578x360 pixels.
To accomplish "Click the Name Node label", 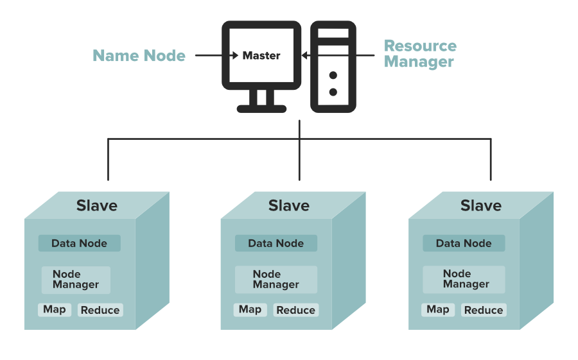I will tap(139, 56).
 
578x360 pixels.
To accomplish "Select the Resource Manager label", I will tap(420, 54).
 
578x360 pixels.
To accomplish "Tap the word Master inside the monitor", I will tap(261, 56).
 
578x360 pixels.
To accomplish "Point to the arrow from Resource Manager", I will tap(338, 56).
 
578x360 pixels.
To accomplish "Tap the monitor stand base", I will tap(261, 108).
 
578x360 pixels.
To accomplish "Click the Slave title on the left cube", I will tap(97, 205).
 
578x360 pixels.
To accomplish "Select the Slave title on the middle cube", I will tap(289, 205).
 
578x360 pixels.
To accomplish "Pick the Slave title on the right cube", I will tap(481, 205).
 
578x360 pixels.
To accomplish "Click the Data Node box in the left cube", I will tap(79, 243).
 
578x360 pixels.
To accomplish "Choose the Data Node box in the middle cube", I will tap(276, 243).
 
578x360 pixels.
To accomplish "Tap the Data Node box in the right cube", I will tap(464, 243).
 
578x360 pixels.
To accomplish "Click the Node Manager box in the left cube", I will tap(76, 280).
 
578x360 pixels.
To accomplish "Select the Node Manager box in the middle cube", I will tap(276, 280).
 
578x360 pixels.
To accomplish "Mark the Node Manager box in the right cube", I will tap(464, 279).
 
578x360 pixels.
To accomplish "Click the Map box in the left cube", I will tap(55, 310).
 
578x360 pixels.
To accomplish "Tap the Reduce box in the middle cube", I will tap(295, 310).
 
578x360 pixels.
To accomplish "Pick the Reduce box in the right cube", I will tap(484, 310).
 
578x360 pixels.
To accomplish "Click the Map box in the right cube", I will tap(438, 310).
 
